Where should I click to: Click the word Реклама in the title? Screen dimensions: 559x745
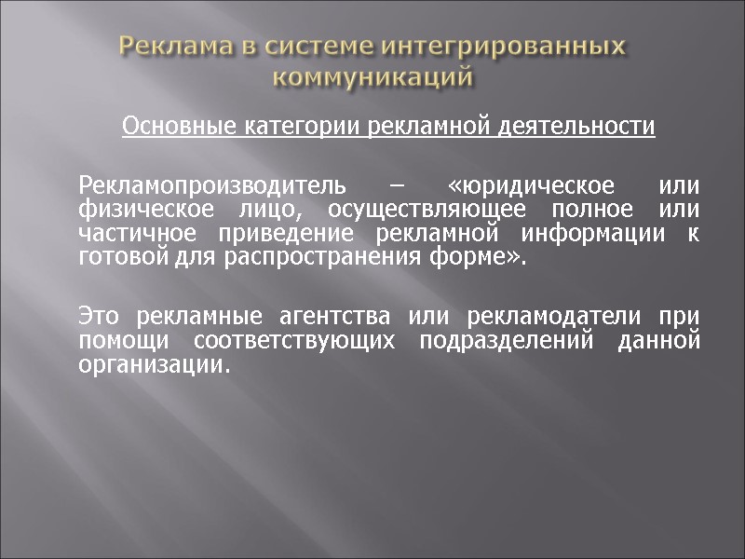tap(175, 46)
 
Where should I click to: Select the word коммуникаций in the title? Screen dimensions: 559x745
tap(372, 75)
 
